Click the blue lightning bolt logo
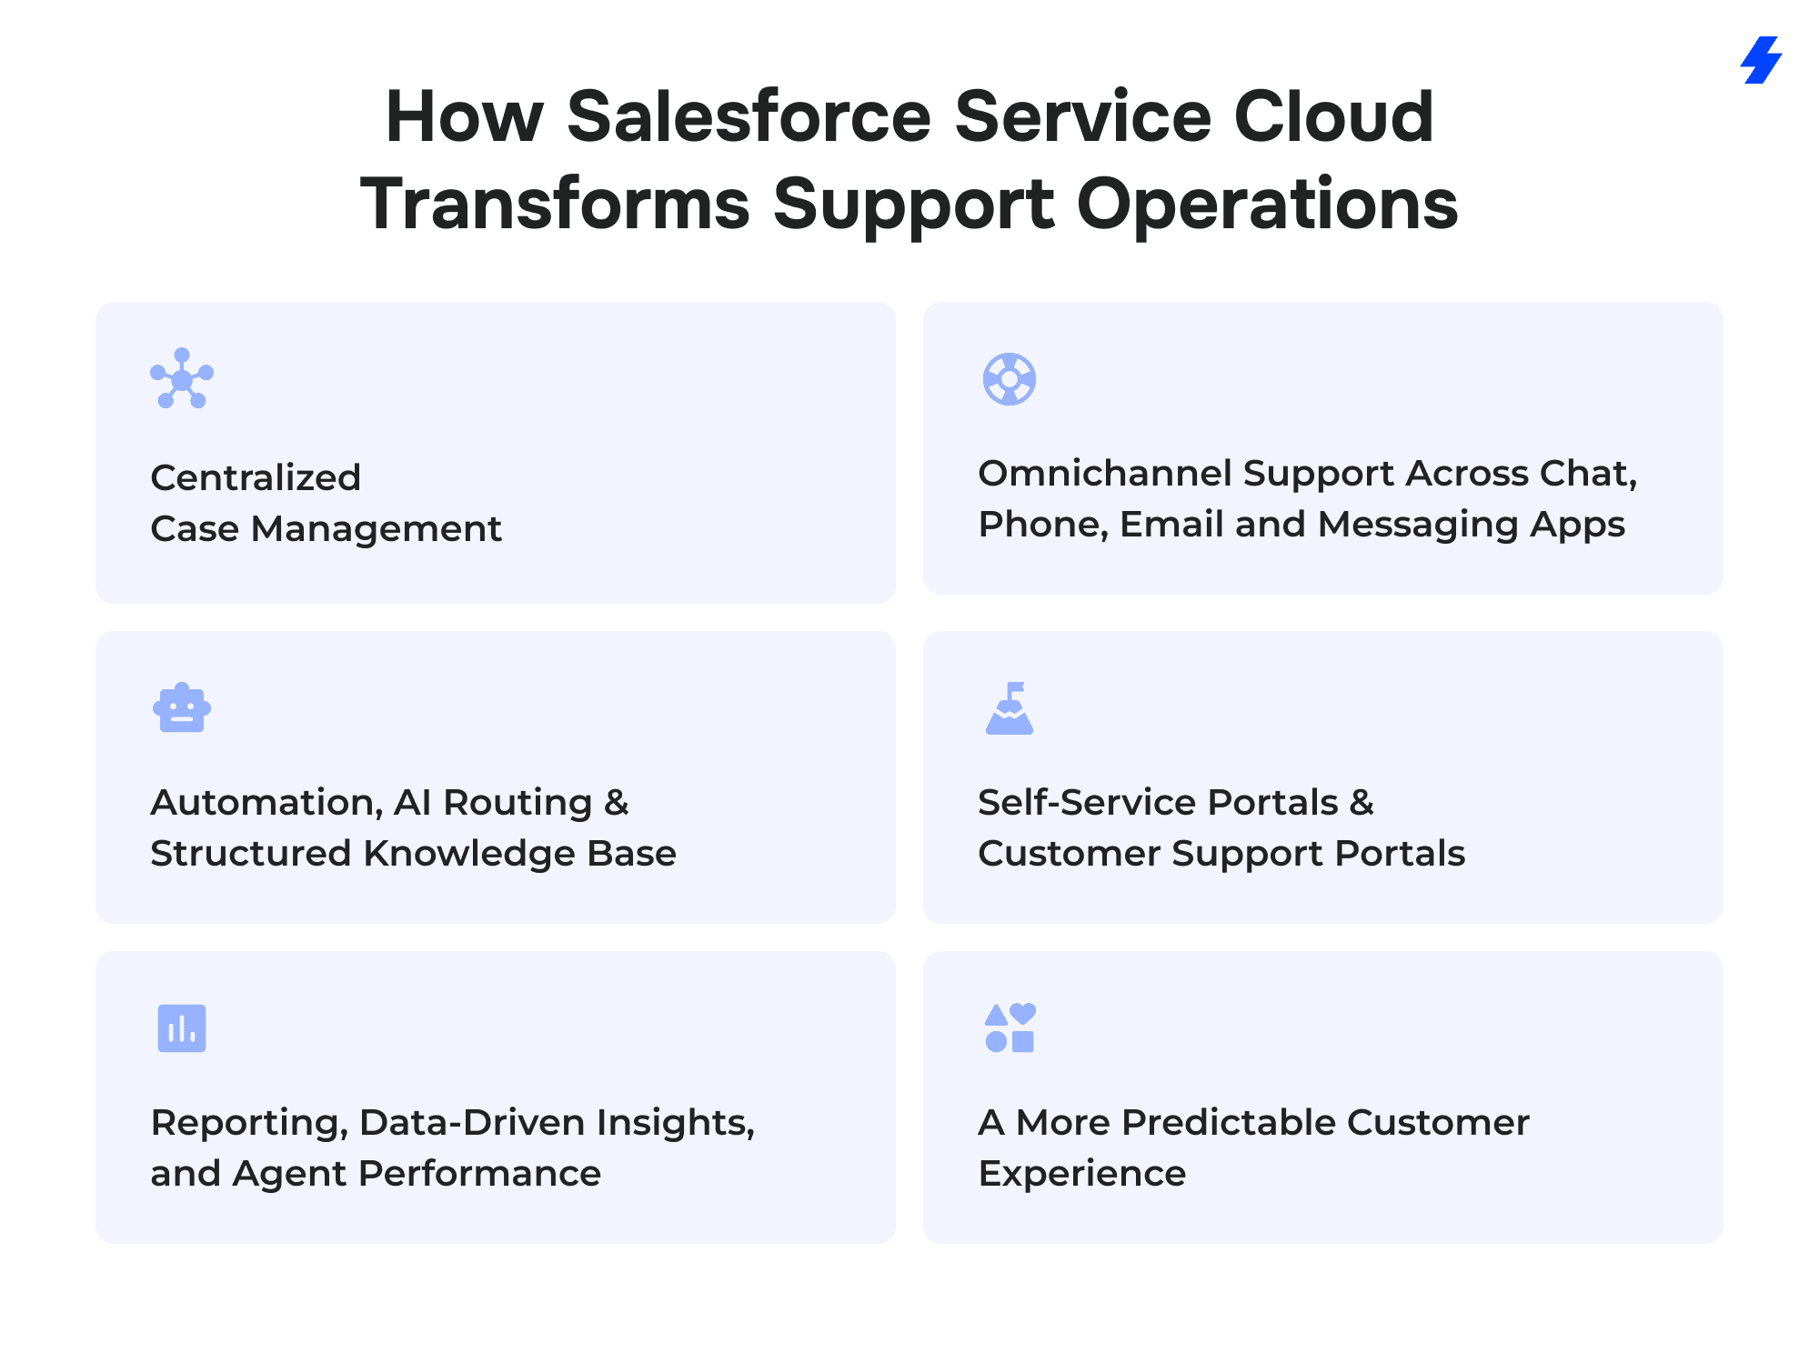click(x=1762, y=60)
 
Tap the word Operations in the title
click(x=1268, y=205)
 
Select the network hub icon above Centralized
click(x=182, y=378)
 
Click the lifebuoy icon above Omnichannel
click(x=1010, y=378)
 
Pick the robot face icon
click(x=182, y=707)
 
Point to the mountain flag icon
click(x=1010, y=707)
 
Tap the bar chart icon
click(x=182, y=1028)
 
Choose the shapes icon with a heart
click(x=1010, y=1027)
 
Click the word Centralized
click(x=256, y=477)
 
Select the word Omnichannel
click(x=1104, y=473)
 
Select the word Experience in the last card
click(x=1082, y=1175)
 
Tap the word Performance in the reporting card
click(x=480, y=1174)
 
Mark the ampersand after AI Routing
click(x=616, y=803)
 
